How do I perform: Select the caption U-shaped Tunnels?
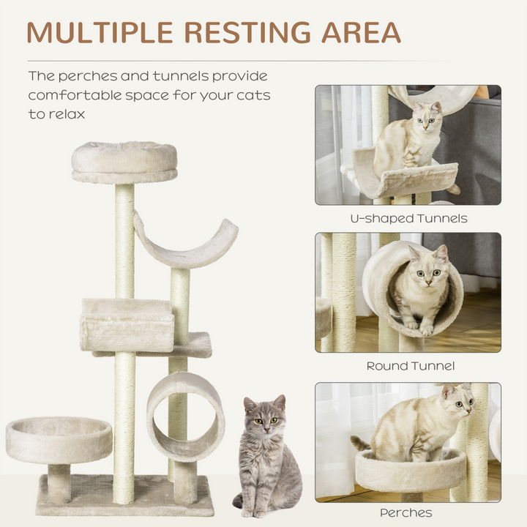[408, 217]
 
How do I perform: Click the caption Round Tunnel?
[410, 365]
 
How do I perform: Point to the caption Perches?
[406, 512]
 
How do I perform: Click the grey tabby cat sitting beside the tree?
[266, 457]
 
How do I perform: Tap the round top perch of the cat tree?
[124, 161]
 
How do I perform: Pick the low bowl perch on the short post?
[59, 439]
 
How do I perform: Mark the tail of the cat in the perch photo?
[361, 444]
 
